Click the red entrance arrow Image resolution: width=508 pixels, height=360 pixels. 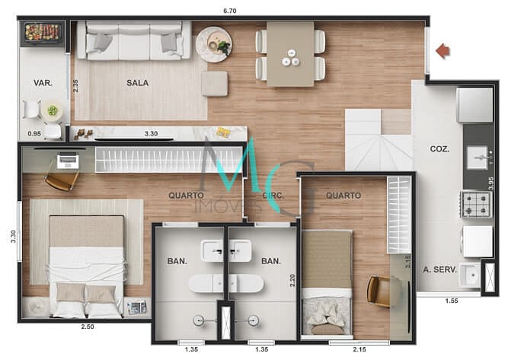tap(443, 51)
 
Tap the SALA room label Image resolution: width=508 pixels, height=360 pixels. tap(138, 83)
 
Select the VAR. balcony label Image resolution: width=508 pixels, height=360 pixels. tap(42, 83)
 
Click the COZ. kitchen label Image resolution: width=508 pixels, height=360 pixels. tap(439, 149)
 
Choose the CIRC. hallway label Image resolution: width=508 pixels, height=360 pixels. tap(273, 195)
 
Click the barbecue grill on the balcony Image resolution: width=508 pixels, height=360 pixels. tap(42, 33)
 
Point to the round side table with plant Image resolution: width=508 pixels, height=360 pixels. tap(213, 44)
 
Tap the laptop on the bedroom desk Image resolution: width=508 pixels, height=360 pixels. tap(67, 161)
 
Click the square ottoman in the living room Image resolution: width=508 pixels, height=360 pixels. tap(214, 83)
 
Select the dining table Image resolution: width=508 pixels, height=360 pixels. tap(290, 53)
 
